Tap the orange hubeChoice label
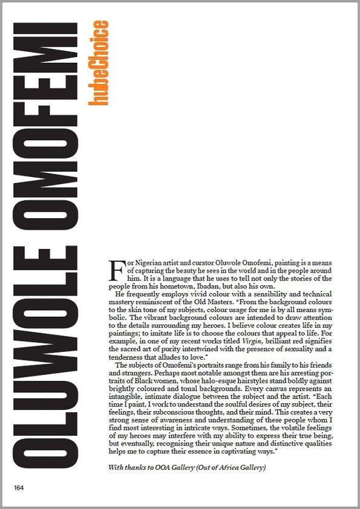tap(98, 63)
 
